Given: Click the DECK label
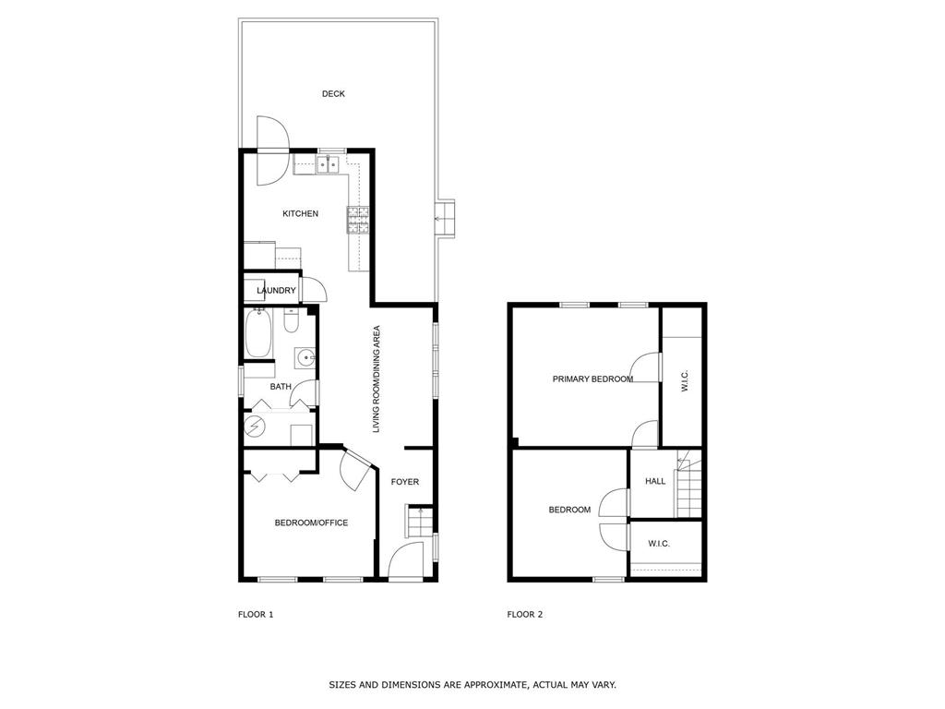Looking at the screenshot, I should click(x=333, y=94).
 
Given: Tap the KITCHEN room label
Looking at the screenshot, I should click(x=300, y=214).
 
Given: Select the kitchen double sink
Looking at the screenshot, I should click(x=327, y=165).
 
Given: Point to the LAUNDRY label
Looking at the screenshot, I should click(x=276, y=291).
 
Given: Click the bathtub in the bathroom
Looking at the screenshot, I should click(x=258, y=334).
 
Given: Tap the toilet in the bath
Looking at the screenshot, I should click(x=291, y=321).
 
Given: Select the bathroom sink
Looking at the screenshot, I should click(x=305, y=357).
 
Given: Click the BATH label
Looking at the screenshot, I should click(x=281, y=387).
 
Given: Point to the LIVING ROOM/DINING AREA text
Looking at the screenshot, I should click(x=377, y=379).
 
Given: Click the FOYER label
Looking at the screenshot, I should click(x=405, y=482).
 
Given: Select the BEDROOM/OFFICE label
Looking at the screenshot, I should click(x=311, y=523).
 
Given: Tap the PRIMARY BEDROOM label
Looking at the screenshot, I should click(x=592, y=379).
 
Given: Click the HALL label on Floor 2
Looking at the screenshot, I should click(x=655, y=481).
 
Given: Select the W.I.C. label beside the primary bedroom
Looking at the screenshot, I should click(x=685, y=380).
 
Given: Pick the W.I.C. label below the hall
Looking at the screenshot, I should click(x=658, y=544).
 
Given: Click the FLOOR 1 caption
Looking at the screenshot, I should click(x=256, y=614).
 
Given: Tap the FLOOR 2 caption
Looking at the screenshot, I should click(x=525, y=614).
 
